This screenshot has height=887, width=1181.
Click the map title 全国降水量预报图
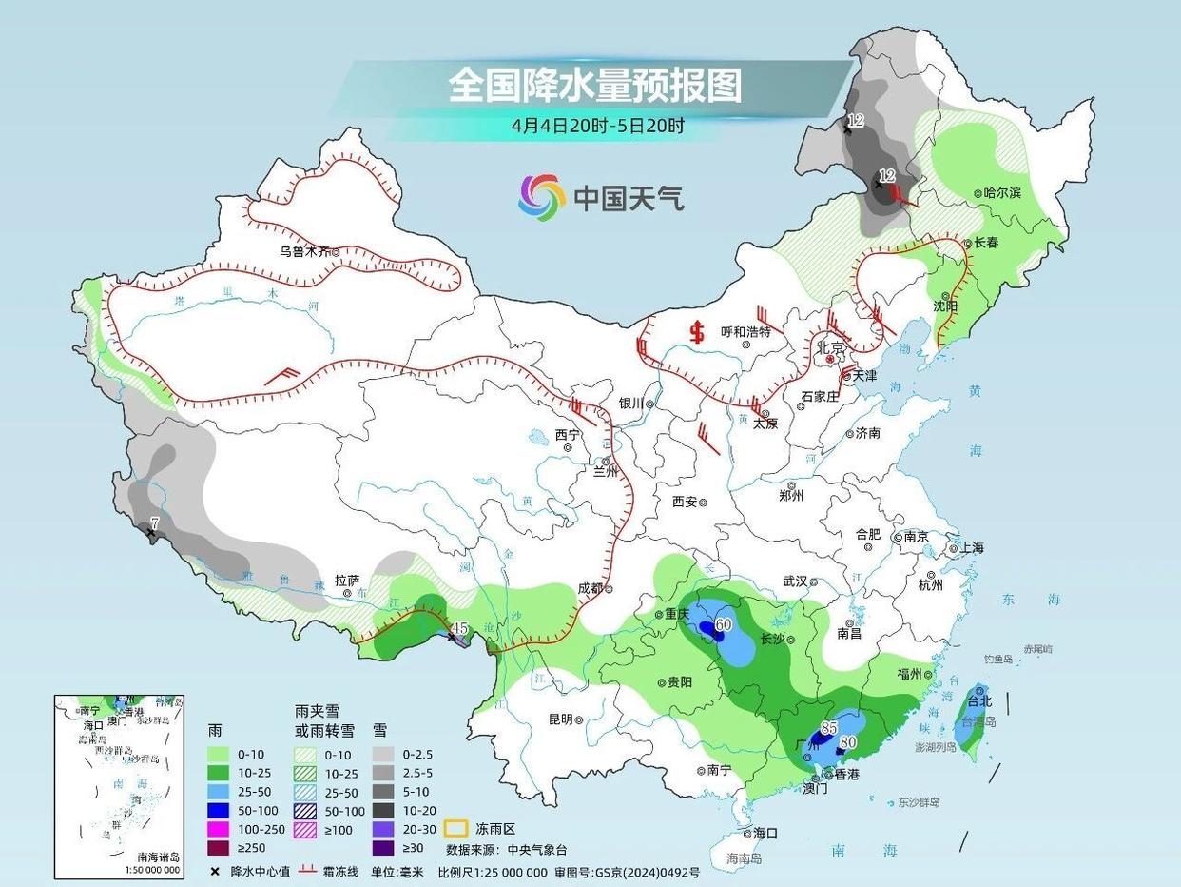point(594,86)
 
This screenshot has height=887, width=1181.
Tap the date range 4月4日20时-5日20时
point(597,125)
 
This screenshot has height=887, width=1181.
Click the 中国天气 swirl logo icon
point(541,197)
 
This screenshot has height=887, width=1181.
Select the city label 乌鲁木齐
point(303,251)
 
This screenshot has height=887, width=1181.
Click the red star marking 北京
point(830,362)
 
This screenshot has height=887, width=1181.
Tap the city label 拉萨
point(346,580)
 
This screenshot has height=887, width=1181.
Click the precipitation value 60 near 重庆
point(723,625)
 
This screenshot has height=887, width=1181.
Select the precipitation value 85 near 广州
point(828,728)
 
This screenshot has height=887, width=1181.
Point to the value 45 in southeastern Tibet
point(460,628)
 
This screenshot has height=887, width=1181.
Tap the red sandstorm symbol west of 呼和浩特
point(698,332)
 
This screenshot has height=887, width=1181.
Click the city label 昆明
point(560,719)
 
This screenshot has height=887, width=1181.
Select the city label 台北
point(978,701)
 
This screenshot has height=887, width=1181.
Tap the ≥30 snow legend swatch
point(388,847)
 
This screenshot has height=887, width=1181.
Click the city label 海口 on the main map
point(765,833)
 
